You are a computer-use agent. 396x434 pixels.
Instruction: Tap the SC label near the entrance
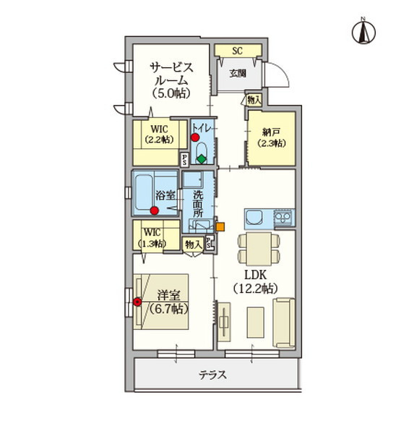tap(237, 51)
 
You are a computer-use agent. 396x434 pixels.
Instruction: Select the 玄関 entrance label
tap(238, 73)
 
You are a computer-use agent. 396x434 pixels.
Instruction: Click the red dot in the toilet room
tap(195, 137)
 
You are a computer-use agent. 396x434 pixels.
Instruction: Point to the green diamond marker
tap(202, 159)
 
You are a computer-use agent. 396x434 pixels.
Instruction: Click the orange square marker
tap(220, 227)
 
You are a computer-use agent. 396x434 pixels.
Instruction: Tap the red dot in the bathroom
tap(155, 211)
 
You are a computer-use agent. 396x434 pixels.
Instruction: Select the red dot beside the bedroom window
tap(137, 302)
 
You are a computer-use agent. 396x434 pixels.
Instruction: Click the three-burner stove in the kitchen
tap(283, 218)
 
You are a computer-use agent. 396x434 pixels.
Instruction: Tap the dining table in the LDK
tap(259, 249)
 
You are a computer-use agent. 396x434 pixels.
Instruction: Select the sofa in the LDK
tap(284, 323)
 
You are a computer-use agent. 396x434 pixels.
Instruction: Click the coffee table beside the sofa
tap(255, 323)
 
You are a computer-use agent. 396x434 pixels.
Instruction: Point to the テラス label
tap(213, 375)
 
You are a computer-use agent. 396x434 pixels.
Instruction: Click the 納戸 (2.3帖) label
tap(271, 137)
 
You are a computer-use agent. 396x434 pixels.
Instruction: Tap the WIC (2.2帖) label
tap(159, 134)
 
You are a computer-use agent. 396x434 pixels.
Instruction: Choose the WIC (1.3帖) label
tap(152, 237)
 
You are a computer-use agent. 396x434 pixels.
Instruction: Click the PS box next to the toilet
tap(184, 160)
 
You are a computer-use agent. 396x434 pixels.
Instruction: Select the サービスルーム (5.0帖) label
tap(171, 80)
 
